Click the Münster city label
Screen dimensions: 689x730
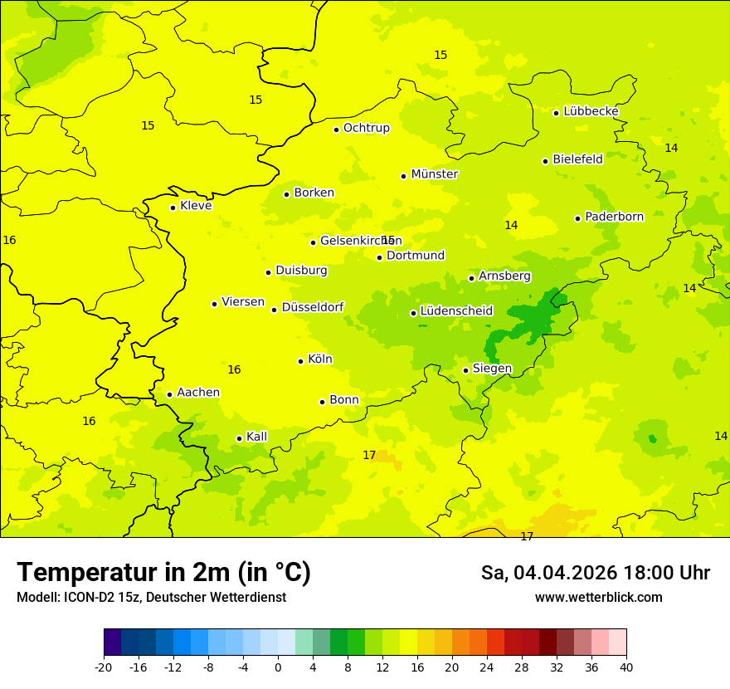(x=434, y=174)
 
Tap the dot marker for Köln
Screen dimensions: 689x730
(x=300, y=361)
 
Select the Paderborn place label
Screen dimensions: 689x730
(x=614, y=217)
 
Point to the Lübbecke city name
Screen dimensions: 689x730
(x=591, y=111)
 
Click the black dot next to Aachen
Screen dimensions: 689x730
(x=169, y=394)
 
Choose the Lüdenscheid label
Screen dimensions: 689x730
(x=456, y=311)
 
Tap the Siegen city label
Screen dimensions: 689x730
(x=492, y=369)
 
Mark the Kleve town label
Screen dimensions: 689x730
(x=196, y=206)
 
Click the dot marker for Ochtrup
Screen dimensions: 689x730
(x=336, y=129)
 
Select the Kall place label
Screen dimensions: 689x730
(x=256, y=437)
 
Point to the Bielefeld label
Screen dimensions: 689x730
(x=577, y=159)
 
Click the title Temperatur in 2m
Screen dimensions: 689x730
(x=163, y=572)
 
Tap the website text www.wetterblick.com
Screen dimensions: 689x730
(x=598, y=597)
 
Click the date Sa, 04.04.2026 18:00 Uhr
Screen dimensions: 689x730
(x=595, y=573)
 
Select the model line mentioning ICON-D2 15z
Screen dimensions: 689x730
(x=151, y=597)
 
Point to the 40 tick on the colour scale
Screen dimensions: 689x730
(x=626, y=667)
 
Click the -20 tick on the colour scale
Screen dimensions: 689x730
(x=104, y=667)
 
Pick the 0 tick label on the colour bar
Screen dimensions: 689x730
(x=278, y=667)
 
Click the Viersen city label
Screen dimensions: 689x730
(x=242, y=302)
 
